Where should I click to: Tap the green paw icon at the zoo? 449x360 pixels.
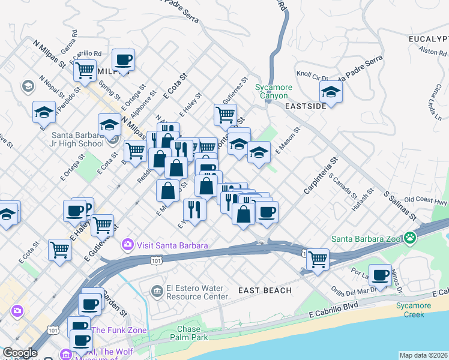[x=410, y=238]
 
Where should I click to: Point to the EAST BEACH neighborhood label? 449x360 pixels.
[x=265, y=290]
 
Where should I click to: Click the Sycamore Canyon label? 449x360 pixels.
[x=274, y=91]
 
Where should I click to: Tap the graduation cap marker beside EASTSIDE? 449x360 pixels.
[x=330, y=92]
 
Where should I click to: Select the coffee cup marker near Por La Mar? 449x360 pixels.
[x=379, y=275]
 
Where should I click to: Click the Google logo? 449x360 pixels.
[x=20, y=353]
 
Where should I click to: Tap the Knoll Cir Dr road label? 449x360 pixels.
[x=312, y=77]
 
